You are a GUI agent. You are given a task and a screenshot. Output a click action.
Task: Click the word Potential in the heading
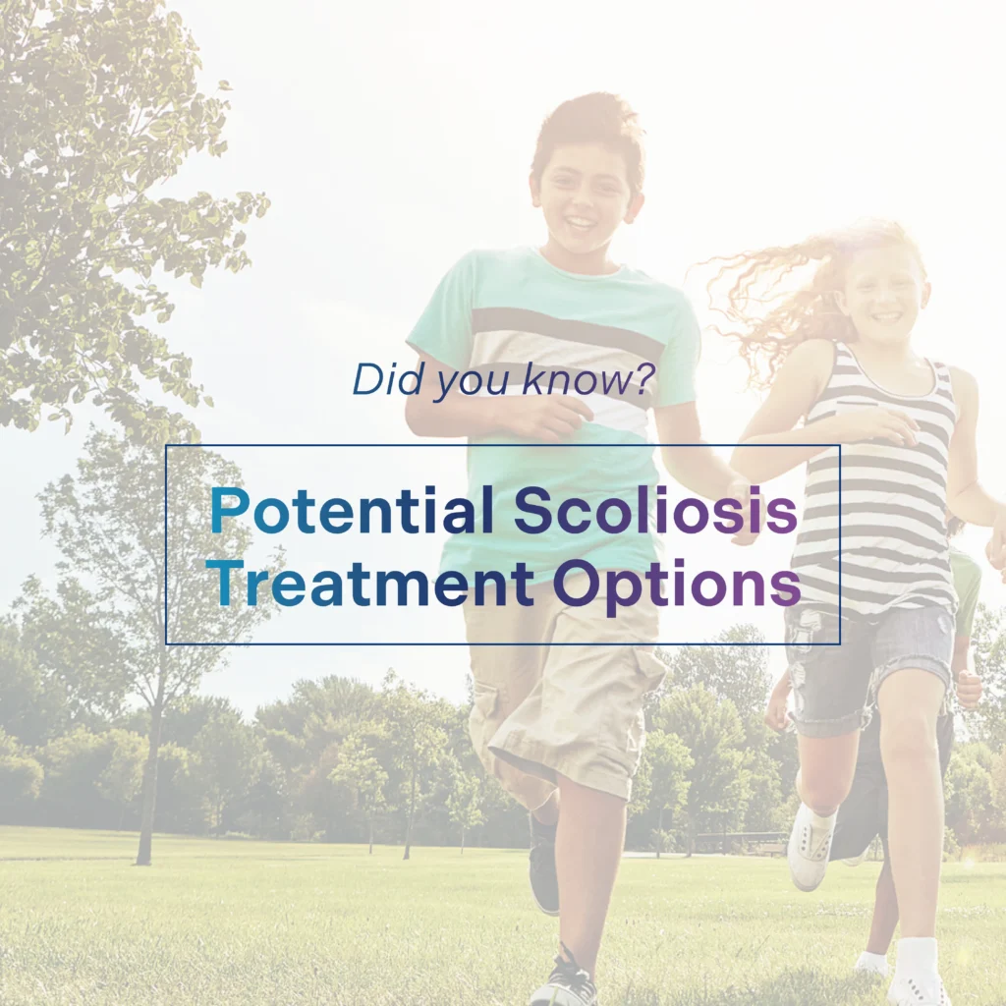coord(353,510)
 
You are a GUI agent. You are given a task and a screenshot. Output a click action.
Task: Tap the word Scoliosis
coord(655,510)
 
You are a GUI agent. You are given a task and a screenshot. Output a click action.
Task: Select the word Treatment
coord(370,583)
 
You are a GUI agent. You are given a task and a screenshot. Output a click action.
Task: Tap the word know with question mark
coord(588,378)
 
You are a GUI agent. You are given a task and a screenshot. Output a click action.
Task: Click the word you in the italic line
coord(473,382)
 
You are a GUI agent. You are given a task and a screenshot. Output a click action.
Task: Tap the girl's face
coord(885,299)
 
